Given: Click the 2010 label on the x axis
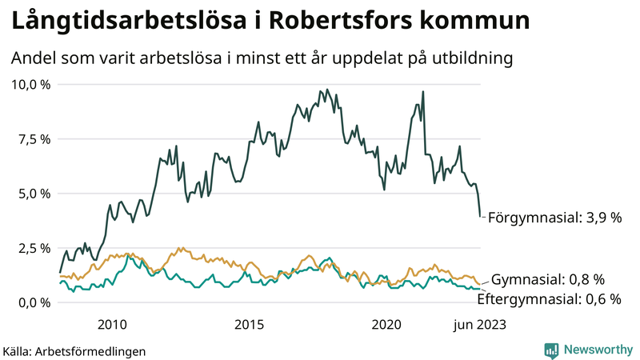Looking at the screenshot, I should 112,324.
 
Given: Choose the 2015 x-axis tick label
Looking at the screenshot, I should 250,324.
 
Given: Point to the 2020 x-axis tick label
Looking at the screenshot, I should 387,324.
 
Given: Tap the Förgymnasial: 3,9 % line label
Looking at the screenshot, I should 554,218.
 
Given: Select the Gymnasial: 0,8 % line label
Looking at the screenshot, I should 547,280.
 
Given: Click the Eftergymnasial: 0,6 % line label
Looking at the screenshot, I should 549,299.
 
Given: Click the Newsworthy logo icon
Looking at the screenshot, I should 551,350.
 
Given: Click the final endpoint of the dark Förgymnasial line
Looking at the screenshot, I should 480,216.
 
